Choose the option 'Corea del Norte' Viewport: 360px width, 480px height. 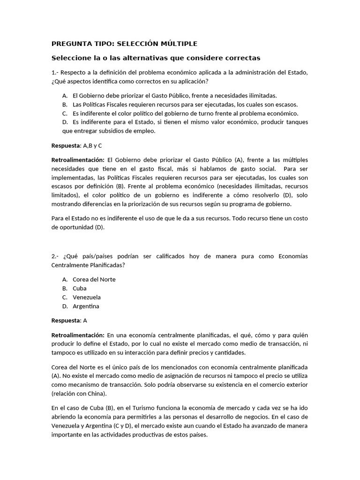(94, 279)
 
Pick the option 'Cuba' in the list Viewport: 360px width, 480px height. (79, 288)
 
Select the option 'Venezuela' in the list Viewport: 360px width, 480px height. (86, 297)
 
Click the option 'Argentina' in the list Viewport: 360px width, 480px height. (86, 306)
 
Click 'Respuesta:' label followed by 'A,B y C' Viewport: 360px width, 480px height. (66, 146)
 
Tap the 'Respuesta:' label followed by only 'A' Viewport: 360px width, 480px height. (66, 321)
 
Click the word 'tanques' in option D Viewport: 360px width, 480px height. (295, 122)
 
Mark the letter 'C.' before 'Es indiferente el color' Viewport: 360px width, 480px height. (65, 113)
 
